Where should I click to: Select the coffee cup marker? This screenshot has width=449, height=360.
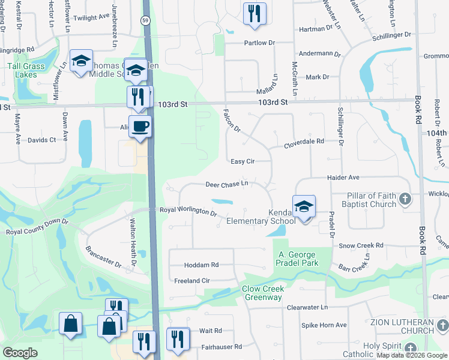[x=140, y=127]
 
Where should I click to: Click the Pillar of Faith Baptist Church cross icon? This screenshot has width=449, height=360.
[x=405, y=199]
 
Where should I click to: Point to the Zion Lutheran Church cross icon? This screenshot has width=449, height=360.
[x=442, y=326]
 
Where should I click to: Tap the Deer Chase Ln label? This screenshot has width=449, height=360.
[x=227, y=184]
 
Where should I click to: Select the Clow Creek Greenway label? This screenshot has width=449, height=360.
[x=262, y=293]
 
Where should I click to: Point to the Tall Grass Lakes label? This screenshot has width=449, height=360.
[x=23, y=70]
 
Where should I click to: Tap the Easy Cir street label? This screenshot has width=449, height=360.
[x=243, y=161]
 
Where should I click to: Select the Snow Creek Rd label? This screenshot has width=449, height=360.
[x=361, y=245]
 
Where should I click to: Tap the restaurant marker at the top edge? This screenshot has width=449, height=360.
[x=255, y=13]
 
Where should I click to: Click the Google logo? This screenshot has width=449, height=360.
[x=20, y=353]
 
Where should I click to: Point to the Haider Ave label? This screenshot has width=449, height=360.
[x=343, y=178]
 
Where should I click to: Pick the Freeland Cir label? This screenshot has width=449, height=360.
[x=191, y=280]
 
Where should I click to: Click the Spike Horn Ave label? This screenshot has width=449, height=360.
[x=324, y=325]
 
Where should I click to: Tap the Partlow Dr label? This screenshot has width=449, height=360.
[x=259, y=43]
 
